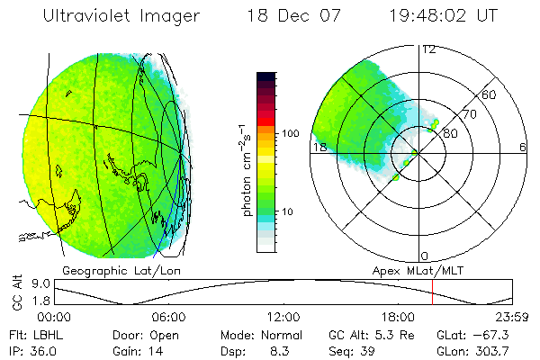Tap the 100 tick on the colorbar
tap(290, 133)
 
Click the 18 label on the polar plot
tap(318, 147)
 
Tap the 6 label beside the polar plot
tap(522, 147)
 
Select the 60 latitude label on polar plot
tap(490, 94)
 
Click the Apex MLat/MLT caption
tap(415, 270)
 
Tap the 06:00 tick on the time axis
tap(169, 317)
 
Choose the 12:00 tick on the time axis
tap(283, 317)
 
